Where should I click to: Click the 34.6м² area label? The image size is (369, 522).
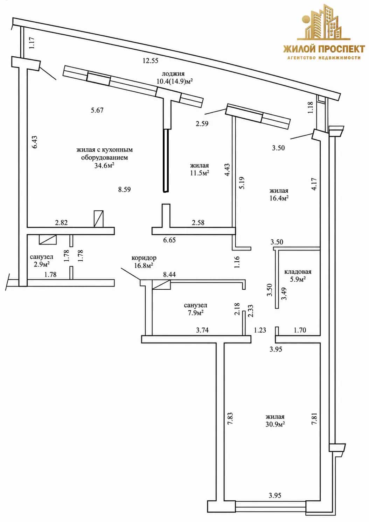tap(104, 165)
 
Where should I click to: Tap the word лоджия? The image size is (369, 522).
tap(173, 74)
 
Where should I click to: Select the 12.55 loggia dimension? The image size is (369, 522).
tap(151, 61)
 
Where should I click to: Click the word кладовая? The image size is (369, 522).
tap(298, 272)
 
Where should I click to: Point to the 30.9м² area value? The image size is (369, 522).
tap(275, 424)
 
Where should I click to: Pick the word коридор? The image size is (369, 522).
tap(144, 258)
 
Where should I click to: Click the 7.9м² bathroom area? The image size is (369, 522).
tap(195, 313)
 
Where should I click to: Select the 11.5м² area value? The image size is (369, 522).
tap(200, 173)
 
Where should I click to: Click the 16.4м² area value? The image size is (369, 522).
tap(279, 198)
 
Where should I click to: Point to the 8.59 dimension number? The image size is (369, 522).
tap(124, 190)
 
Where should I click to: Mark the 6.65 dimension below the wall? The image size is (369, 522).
tap(169, 240)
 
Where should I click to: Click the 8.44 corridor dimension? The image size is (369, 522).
tap(169, 275)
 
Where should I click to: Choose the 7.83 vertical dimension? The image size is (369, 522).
tap(231, 419)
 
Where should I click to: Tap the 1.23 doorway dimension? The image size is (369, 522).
tap(260, 330)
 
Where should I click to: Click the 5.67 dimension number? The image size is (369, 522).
tap(97, 110)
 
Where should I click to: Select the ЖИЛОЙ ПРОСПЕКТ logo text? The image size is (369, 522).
tap(324, 49)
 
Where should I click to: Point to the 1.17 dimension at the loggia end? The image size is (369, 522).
tap(32, 43)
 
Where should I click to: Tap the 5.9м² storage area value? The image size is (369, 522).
tap(298, 280)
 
